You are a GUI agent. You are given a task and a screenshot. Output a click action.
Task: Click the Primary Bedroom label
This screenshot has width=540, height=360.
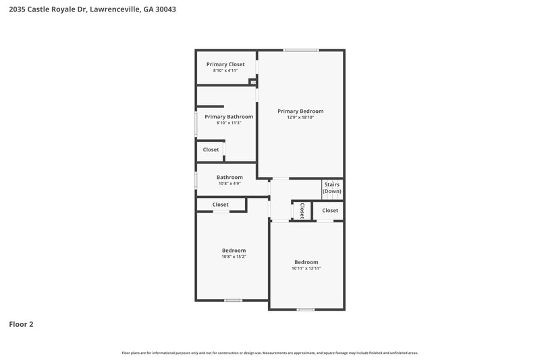click(x=300, y=111)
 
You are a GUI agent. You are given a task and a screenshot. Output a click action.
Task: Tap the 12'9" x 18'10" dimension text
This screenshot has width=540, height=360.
click(x=300, y=118)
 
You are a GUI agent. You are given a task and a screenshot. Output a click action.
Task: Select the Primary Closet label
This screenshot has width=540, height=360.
click(x=225, y=64)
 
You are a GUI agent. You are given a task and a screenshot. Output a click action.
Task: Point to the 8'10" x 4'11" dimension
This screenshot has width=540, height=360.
click(x=225, y=70)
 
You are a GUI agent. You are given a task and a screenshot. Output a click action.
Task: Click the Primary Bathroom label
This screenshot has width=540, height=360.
click(x=229, y=116)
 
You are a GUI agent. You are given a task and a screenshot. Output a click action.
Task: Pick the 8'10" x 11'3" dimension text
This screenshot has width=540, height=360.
click(x=229, y=123)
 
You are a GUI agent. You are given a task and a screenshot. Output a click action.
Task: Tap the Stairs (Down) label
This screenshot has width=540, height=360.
click(x=331, y=187)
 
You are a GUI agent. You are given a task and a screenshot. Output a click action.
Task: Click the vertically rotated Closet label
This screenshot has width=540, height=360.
click(x=302, y=211)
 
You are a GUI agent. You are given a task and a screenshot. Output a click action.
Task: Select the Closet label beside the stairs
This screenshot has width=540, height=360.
click(x=330, y=211)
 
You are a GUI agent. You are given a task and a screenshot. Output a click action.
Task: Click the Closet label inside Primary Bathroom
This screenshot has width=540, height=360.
click(x=211, y=150)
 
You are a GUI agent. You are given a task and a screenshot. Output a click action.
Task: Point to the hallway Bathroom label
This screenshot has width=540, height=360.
click(x=230, y=177)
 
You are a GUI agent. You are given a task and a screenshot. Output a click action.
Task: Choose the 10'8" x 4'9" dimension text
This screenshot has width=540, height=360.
click(x=230, y=183)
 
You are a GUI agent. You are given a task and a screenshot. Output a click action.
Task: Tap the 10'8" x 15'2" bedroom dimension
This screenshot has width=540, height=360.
click(x=234, y=257)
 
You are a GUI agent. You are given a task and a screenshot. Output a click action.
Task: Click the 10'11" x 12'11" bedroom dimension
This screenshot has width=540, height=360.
click(x=306, y=268)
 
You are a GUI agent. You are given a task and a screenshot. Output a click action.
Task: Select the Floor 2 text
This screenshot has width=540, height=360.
click(x=21, y=324)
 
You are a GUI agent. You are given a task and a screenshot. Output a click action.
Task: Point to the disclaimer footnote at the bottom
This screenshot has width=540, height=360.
click(x=269, y=353)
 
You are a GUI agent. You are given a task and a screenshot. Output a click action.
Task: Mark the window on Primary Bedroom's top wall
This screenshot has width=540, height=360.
click(x=301, y=50)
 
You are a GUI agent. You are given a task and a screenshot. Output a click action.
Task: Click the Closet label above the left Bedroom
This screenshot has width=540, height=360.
click(x=220, y=205)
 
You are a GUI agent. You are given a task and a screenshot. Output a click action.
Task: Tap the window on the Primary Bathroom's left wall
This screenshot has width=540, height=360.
click(x=196, y=124)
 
